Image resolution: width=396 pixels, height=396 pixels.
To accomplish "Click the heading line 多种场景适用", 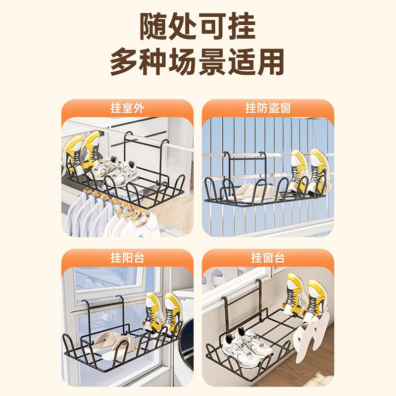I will pyautogui.click(x=198, y=63).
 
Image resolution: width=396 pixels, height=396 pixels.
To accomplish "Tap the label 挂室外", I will pyautogui.click(x=127, y=108).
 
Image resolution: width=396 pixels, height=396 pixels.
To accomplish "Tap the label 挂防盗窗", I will pyautogui.click(x=268, y=108).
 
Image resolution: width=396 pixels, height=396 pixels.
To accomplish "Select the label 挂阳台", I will pyautogui.click(x=127, y=258).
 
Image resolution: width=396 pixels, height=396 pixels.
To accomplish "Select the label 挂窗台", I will pyautogui.click(x=268, y=258).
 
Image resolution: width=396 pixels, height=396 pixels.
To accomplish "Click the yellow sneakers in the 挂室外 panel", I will pyautogui.click(x=82, y=151).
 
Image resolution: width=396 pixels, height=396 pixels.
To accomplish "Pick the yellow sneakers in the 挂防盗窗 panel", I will pyautogui.click(x=307, y=171).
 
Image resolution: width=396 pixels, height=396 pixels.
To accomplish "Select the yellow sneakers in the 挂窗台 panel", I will pyautogui.click(x=304, y=297).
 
